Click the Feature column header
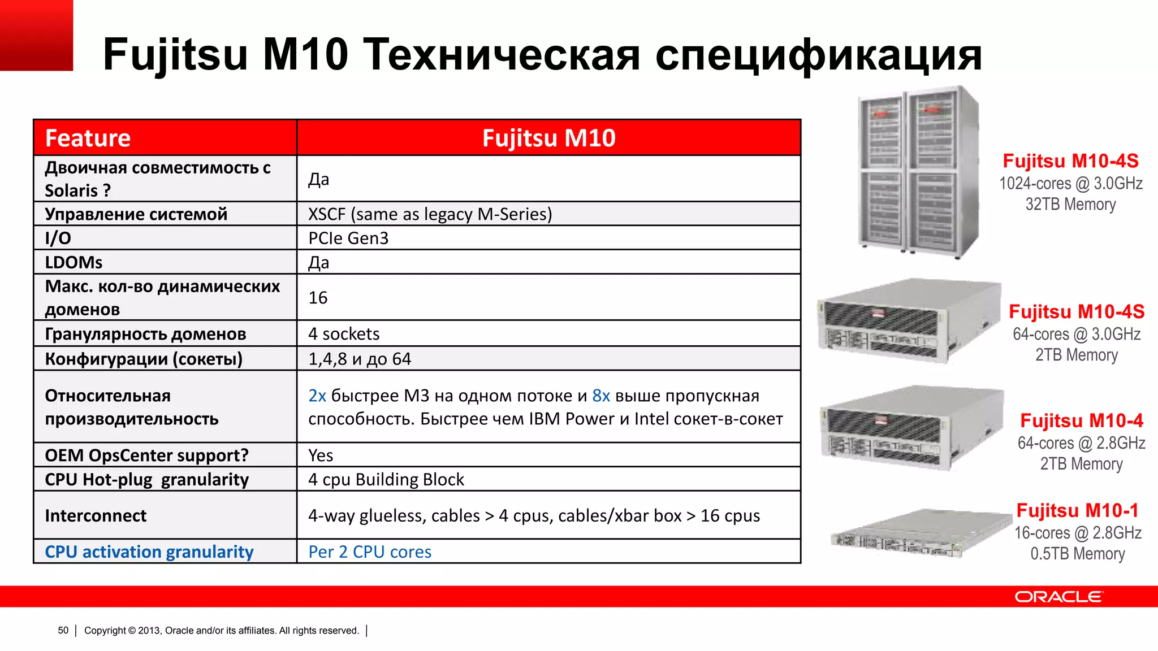[x=88, y=138]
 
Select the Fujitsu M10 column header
[x=548, y=138]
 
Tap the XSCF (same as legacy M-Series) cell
[x=430, y=214]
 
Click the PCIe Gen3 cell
[x=348, y=238]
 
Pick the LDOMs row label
[x=74, y=263]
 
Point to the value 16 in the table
[x=318, y=298]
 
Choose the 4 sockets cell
[x=344, y=334]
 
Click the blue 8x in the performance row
[x=601, y=396]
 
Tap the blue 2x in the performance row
[x=317, y=396]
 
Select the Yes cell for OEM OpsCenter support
[x=321, y=455]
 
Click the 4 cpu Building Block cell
[x=386, y=480]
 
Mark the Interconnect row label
[x=96, y=516]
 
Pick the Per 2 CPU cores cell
[x=370, y=552]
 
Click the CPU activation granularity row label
[x=149, y=552]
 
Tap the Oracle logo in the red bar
[x=1058, y=597]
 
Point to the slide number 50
[x=63, y=631]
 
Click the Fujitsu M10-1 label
[x=1077, y=511]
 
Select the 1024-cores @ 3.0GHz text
[x=1071, y=184]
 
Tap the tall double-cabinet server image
[x=917, y=172]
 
